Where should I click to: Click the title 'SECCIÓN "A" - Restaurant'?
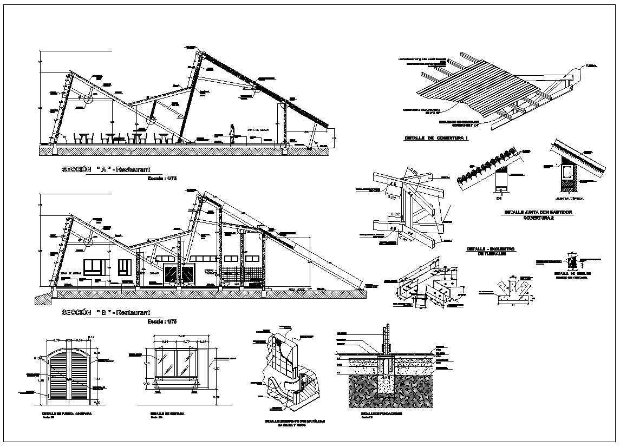coord(106,169)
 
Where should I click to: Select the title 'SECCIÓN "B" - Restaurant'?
coord(106,312)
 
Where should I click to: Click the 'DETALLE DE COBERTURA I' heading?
coord(436,139)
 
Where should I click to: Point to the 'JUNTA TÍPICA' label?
coord(569,199)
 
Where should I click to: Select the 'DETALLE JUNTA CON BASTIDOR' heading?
coord(538,213)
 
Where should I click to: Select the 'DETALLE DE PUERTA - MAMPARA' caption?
coord(67,413)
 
